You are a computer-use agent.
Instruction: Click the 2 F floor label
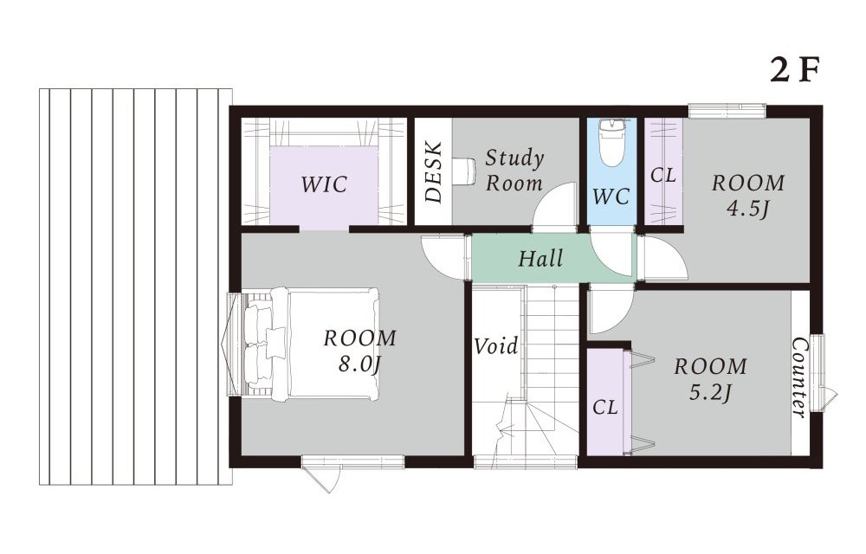click(x=793, y=70)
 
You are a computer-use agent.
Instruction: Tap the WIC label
click(x=324, y=184)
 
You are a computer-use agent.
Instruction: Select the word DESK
click(x=434, y=171)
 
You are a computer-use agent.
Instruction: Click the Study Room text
click(x=514, y=171)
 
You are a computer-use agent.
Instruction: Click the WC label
click(x=611, y=196)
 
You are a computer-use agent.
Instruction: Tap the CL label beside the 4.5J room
click(x=663, y=176)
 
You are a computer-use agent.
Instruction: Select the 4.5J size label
click(x=748, y=209)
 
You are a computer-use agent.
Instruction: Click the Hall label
click(x=540, y=258)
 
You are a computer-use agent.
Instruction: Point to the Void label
click(x=496, y=346)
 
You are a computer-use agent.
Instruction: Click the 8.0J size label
click(x=360, y=364)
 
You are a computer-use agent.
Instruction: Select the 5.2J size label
click(x=711, y=392)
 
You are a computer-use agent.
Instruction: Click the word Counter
click(x=799, y=378)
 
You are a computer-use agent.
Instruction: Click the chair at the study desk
click(x=463, y=171)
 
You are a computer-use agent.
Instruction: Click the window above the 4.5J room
click(x=727, y=110)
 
